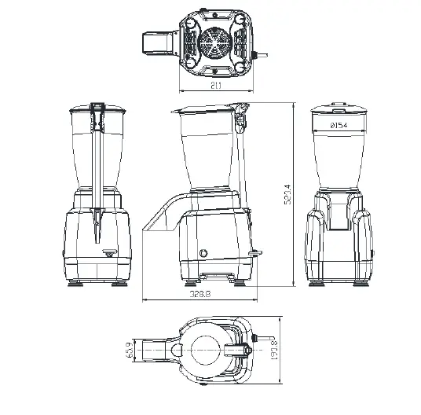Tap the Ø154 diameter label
coord(339,125)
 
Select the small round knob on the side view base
coord(205,253)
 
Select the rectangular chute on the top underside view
coord(160,43)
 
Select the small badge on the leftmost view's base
coord(109,253)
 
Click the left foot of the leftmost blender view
coord(76,284)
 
